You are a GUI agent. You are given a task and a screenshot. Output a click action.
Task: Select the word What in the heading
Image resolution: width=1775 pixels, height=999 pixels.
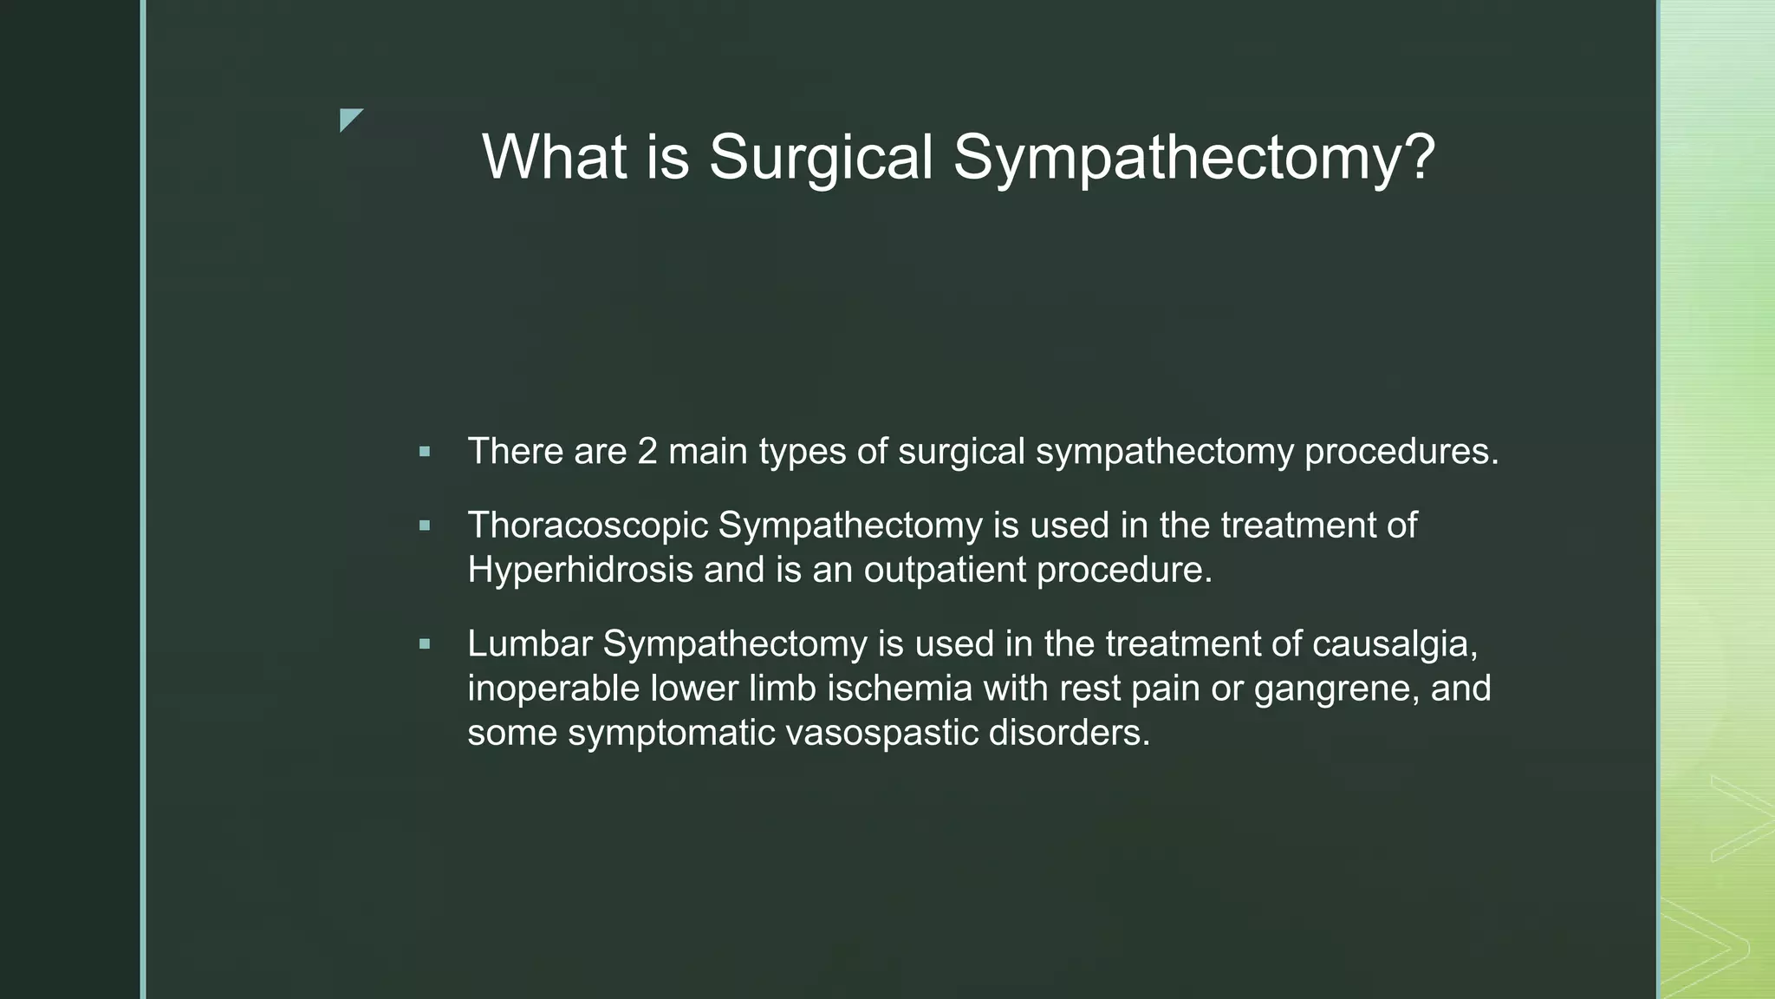pos(554,158)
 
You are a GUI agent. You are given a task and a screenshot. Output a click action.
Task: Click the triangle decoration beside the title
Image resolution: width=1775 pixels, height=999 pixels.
pos(349,119)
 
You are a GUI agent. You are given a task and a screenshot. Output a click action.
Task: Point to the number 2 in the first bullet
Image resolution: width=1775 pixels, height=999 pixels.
pos(647,452)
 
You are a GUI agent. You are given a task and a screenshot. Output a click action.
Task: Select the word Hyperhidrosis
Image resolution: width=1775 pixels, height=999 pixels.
pos(580,571)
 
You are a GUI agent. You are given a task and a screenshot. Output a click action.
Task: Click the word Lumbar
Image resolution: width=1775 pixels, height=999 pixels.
pos(530,644)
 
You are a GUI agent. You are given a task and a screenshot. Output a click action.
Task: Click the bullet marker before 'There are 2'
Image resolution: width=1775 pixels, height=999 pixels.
pos(424,452)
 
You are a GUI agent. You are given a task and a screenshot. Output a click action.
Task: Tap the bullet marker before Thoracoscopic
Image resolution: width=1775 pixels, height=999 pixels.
pos(424,526)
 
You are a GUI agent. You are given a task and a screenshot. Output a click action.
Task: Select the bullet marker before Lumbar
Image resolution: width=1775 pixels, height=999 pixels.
pos(424,644)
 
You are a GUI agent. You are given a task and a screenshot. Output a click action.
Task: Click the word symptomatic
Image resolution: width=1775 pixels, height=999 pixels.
pos(672,733)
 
